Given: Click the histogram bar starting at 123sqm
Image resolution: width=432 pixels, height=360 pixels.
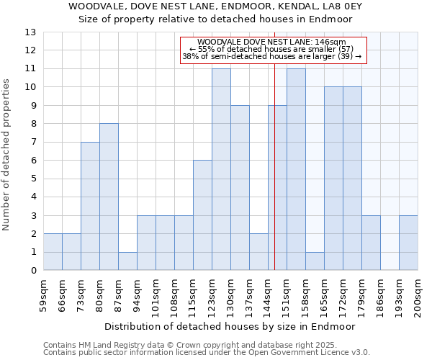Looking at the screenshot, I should [221, 169].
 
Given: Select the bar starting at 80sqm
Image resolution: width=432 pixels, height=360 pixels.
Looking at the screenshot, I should [109, 197].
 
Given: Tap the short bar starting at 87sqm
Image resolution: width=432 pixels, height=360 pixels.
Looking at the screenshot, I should [127, 261].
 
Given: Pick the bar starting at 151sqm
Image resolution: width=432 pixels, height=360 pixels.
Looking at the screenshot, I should [296, 169].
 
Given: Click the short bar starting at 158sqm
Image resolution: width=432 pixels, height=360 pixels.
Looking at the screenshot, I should [315, 261].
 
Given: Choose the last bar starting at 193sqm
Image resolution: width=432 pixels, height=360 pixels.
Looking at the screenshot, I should [408, 243].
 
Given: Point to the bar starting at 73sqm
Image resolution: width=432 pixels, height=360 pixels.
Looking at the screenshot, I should [90, 206].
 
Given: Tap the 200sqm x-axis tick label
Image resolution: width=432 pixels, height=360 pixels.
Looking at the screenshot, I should [418, 296].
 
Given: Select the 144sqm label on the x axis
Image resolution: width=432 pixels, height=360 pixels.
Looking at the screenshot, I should [268, 296].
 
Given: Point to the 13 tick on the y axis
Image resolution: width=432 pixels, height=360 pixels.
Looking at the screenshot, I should [30, 32].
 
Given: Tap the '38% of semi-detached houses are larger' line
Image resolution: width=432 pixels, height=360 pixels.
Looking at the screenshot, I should [271, 56].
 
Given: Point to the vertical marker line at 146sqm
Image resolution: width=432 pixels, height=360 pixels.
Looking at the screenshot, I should [275, 180].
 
